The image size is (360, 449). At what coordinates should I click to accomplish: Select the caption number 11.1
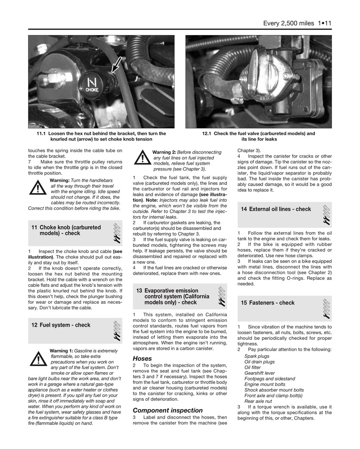(42, 133)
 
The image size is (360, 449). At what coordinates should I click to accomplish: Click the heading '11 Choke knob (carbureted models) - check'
(66, 230)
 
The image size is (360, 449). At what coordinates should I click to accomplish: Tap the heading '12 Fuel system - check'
(61, 325)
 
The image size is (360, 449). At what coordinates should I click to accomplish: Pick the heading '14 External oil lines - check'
(275, 209)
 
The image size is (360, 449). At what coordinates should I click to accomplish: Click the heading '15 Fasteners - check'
(267, 303)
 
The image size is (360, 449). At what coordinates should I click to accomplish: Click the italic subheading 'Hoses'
(142, 359)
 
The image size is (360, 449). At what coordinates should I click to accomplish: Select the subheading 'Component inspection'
(168, 410)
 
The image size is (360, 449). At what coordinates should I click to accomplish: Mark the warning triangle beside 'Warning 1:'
(38, 358)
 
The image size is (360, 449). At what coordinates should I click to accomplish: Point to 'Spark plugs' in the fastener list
(257, 356)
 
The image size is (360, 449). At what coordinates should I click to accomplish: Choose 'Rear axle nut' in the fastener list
(258, 401)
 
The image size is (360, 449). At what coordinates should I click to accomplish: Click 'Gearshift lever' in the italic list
(259, 373)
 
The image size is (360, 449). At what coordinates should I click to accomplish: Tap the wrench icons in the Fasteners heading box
(326, 308)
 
